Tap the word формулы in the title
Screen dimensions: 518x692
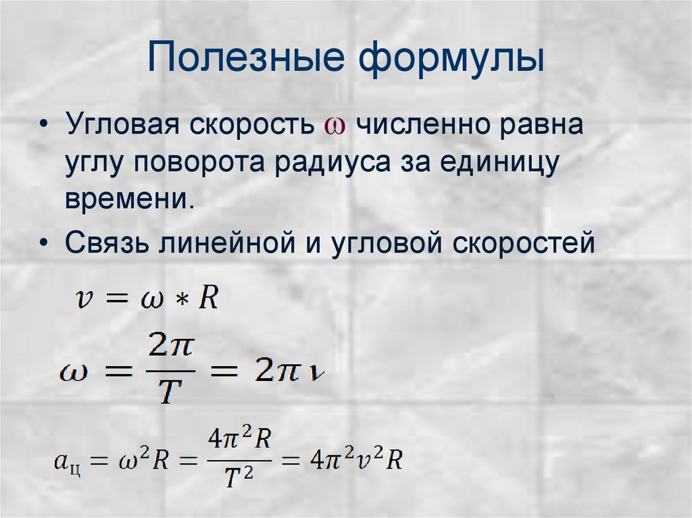pyautogui.click(x=451, y=58)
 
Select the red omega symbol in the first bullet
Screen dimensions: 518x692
pyautogui.click(x=336, y=127)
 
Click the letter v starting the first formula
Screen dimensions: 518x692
pyautogui.click(x=84, y=298)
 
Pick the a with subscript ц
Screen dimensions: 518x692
pyautogui.click(x=68, y=463)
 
